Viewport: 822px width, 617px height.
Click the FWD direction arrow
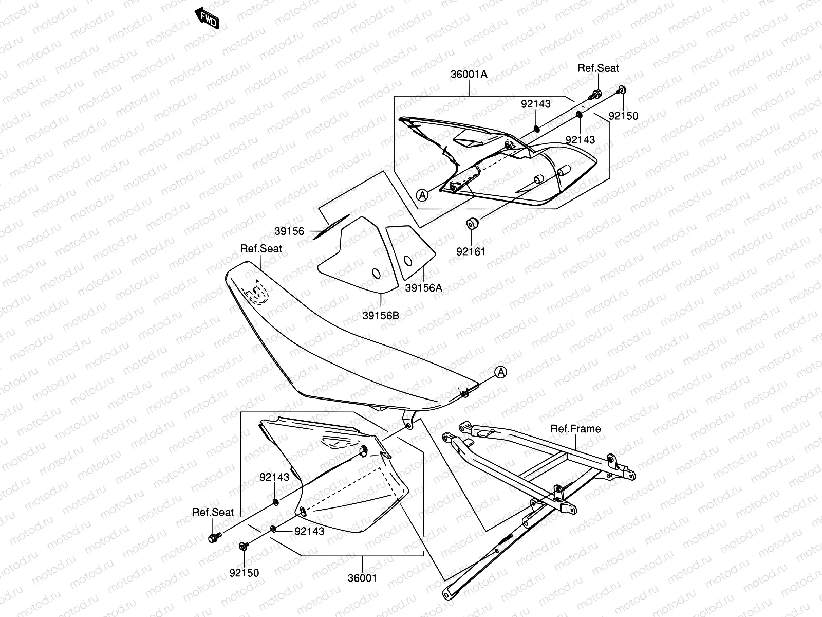click(x=208, y=19)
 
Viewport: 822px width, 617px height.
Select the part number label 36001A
click(x=469, y=74)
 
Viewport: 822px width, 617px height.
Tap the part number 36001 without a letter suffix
click(x=362, y=578)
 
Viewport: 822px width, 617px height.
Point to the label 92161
click(x=471, y=251)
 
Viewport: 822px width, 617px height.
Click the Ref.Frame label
click(x=575, y=429)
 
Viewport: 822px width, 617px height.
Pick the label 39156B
click(x=381, y=316)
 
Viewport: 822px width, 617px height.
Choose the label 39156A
click(x=423, y=288)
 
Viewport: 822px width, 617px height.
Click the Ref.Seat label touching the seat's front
click(x=261, y=249)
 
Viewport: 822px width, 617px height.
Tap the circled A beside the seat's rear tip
click(x=501, y=373)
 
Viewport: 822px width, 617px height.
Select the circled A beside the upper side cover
click(x=422, y=195)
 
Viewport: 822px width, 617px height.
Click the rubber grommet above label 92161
click(x=472, y=224)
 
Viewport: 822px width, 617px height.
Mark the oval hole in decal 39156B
click(x=376, y=273)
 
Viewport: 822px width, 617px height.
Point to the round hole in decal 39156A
click(x=407, y=261)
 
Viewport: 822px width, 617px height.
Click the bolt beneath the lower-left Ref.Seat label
click(x=213, y=538)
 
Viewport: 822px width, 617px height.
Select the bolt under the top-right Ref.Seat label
click(x=596, y=95)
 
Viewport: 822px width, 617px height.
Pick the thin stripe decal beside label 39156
click(x=331, y=227)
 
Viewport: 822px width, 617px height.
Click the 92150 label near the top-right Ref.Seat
click(x=623, y=116)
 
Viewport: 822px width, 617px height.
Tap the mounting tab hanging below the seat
click(x=408, y=419)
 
